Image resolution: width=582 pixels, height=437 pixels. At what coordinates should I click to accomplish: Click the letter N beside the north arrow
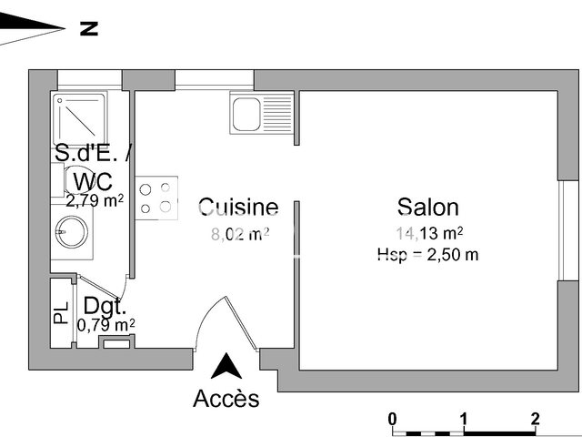pyautogui.click(x=88, y=29)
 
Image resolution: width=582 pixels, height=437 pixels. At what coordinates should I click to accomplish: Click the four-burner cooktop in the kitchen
pyautogui.click(x=156, y=198)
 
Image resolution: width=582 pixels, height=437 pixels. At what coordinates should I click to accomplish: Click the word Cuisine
pyautogui.click(x=238, y=207)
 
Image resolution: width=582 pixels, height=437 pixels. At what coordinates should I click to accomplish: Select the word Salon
pyautogui.click(x=427, y=207)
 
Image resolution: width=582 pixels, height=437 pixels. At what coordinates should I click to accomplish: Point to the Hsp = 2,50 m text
pyautogui.click(x=427, y=255)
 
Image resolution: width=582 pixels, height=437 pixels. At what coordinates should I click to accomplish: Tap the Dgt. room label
pyautogui.click(x=105, y=306)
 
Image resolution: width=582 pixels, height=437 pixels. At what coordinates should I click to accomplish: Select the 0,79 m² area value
pyautogui.click(x=105, y=324)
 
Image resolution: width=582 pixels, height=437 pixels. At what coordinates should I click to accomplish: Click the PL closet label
pyautogui.click(x=61, y=314)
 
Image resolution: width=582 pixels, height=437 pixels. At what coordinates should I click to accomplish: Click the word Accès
pyautogui.click(x=226, y=399)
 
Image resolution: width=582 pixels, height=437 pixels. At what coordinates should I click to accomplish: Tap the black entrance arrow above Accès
pyautogui.click(x=226, y=367)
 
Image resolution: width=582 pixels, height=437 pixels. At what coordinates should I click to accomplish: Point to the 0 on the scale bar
pyautogui.click(x=392, y=419)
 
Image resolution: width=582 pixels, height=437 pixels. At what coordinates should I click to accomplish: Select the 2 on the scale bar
pyautogui.click(x=536, y=419)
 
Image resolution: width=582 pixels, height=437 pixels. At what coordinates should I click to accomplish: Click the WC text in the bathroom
pyautogui.click(x=93, y=179)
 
